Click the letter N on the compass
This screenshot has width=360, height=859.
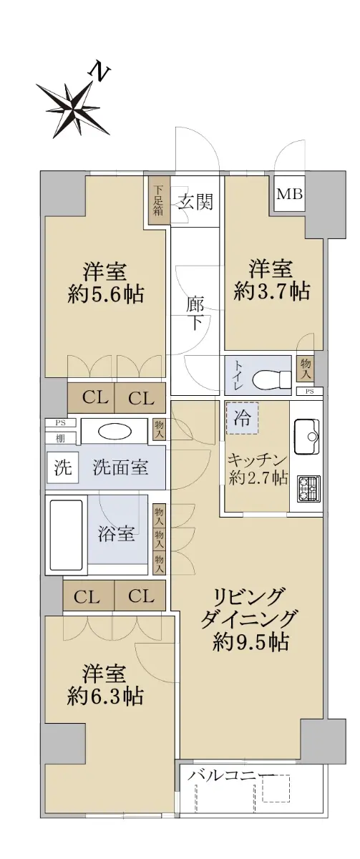100,73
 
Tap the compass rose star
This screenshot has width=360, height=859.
73,110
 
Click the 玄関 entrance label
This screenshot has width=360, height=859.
196,202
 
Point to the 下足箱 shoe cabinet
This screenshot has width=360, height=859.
158,200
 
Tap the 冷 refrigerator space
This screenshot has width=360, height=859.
243,417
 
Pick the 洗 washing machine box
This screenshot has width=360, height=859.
62,467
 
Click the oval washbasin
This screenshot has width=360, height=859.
115,432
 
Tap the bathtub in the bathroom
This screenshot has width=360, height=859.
64,535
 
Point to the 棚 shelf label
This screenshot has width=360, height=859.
61,438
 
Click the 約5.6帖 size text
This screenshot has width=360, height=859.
105,294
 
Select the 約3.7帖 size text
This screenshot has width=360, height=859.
272,291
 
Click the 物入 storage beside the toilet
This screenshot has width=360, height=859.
306,369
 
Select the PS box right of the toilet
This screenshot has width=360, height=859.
310,392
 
